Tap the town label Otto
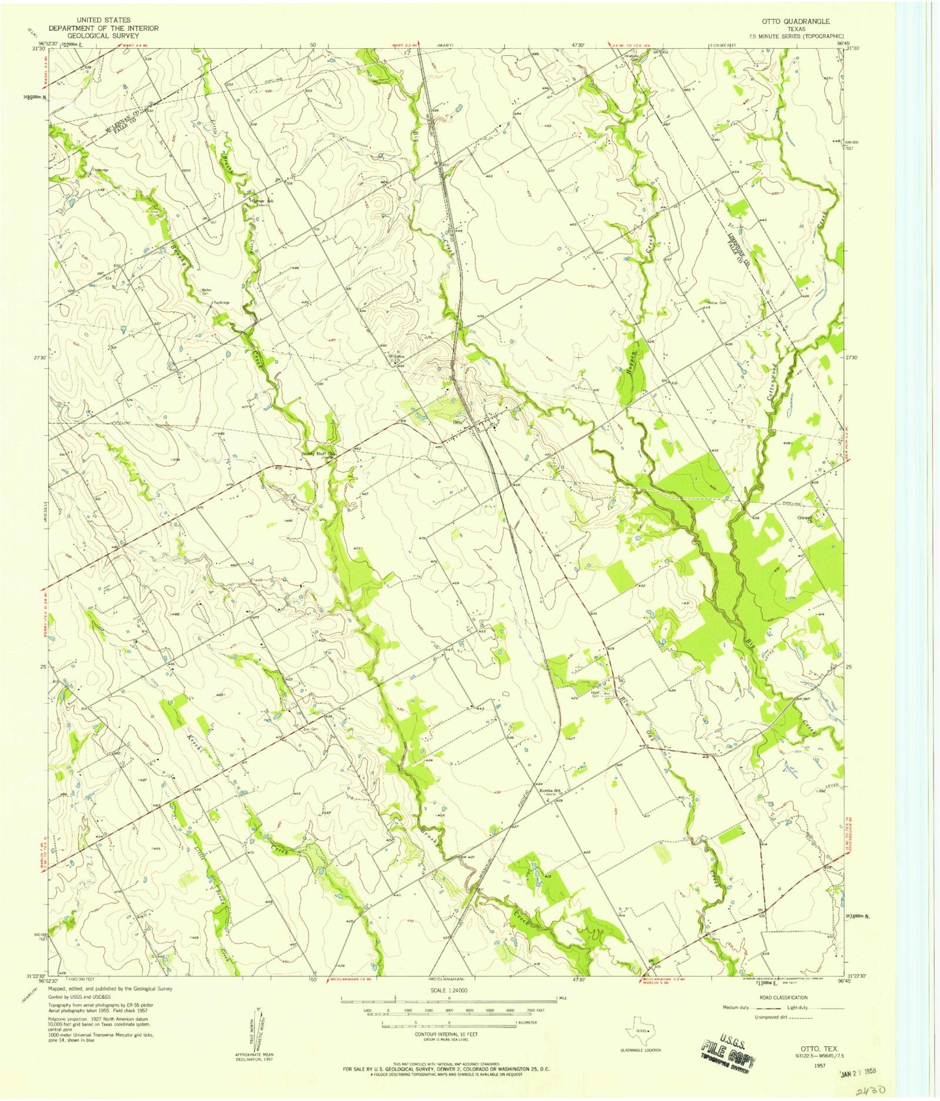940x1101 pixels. point(457,422)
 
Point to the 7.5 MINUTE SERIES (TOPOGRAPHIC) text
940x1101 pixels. point(796,37)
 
